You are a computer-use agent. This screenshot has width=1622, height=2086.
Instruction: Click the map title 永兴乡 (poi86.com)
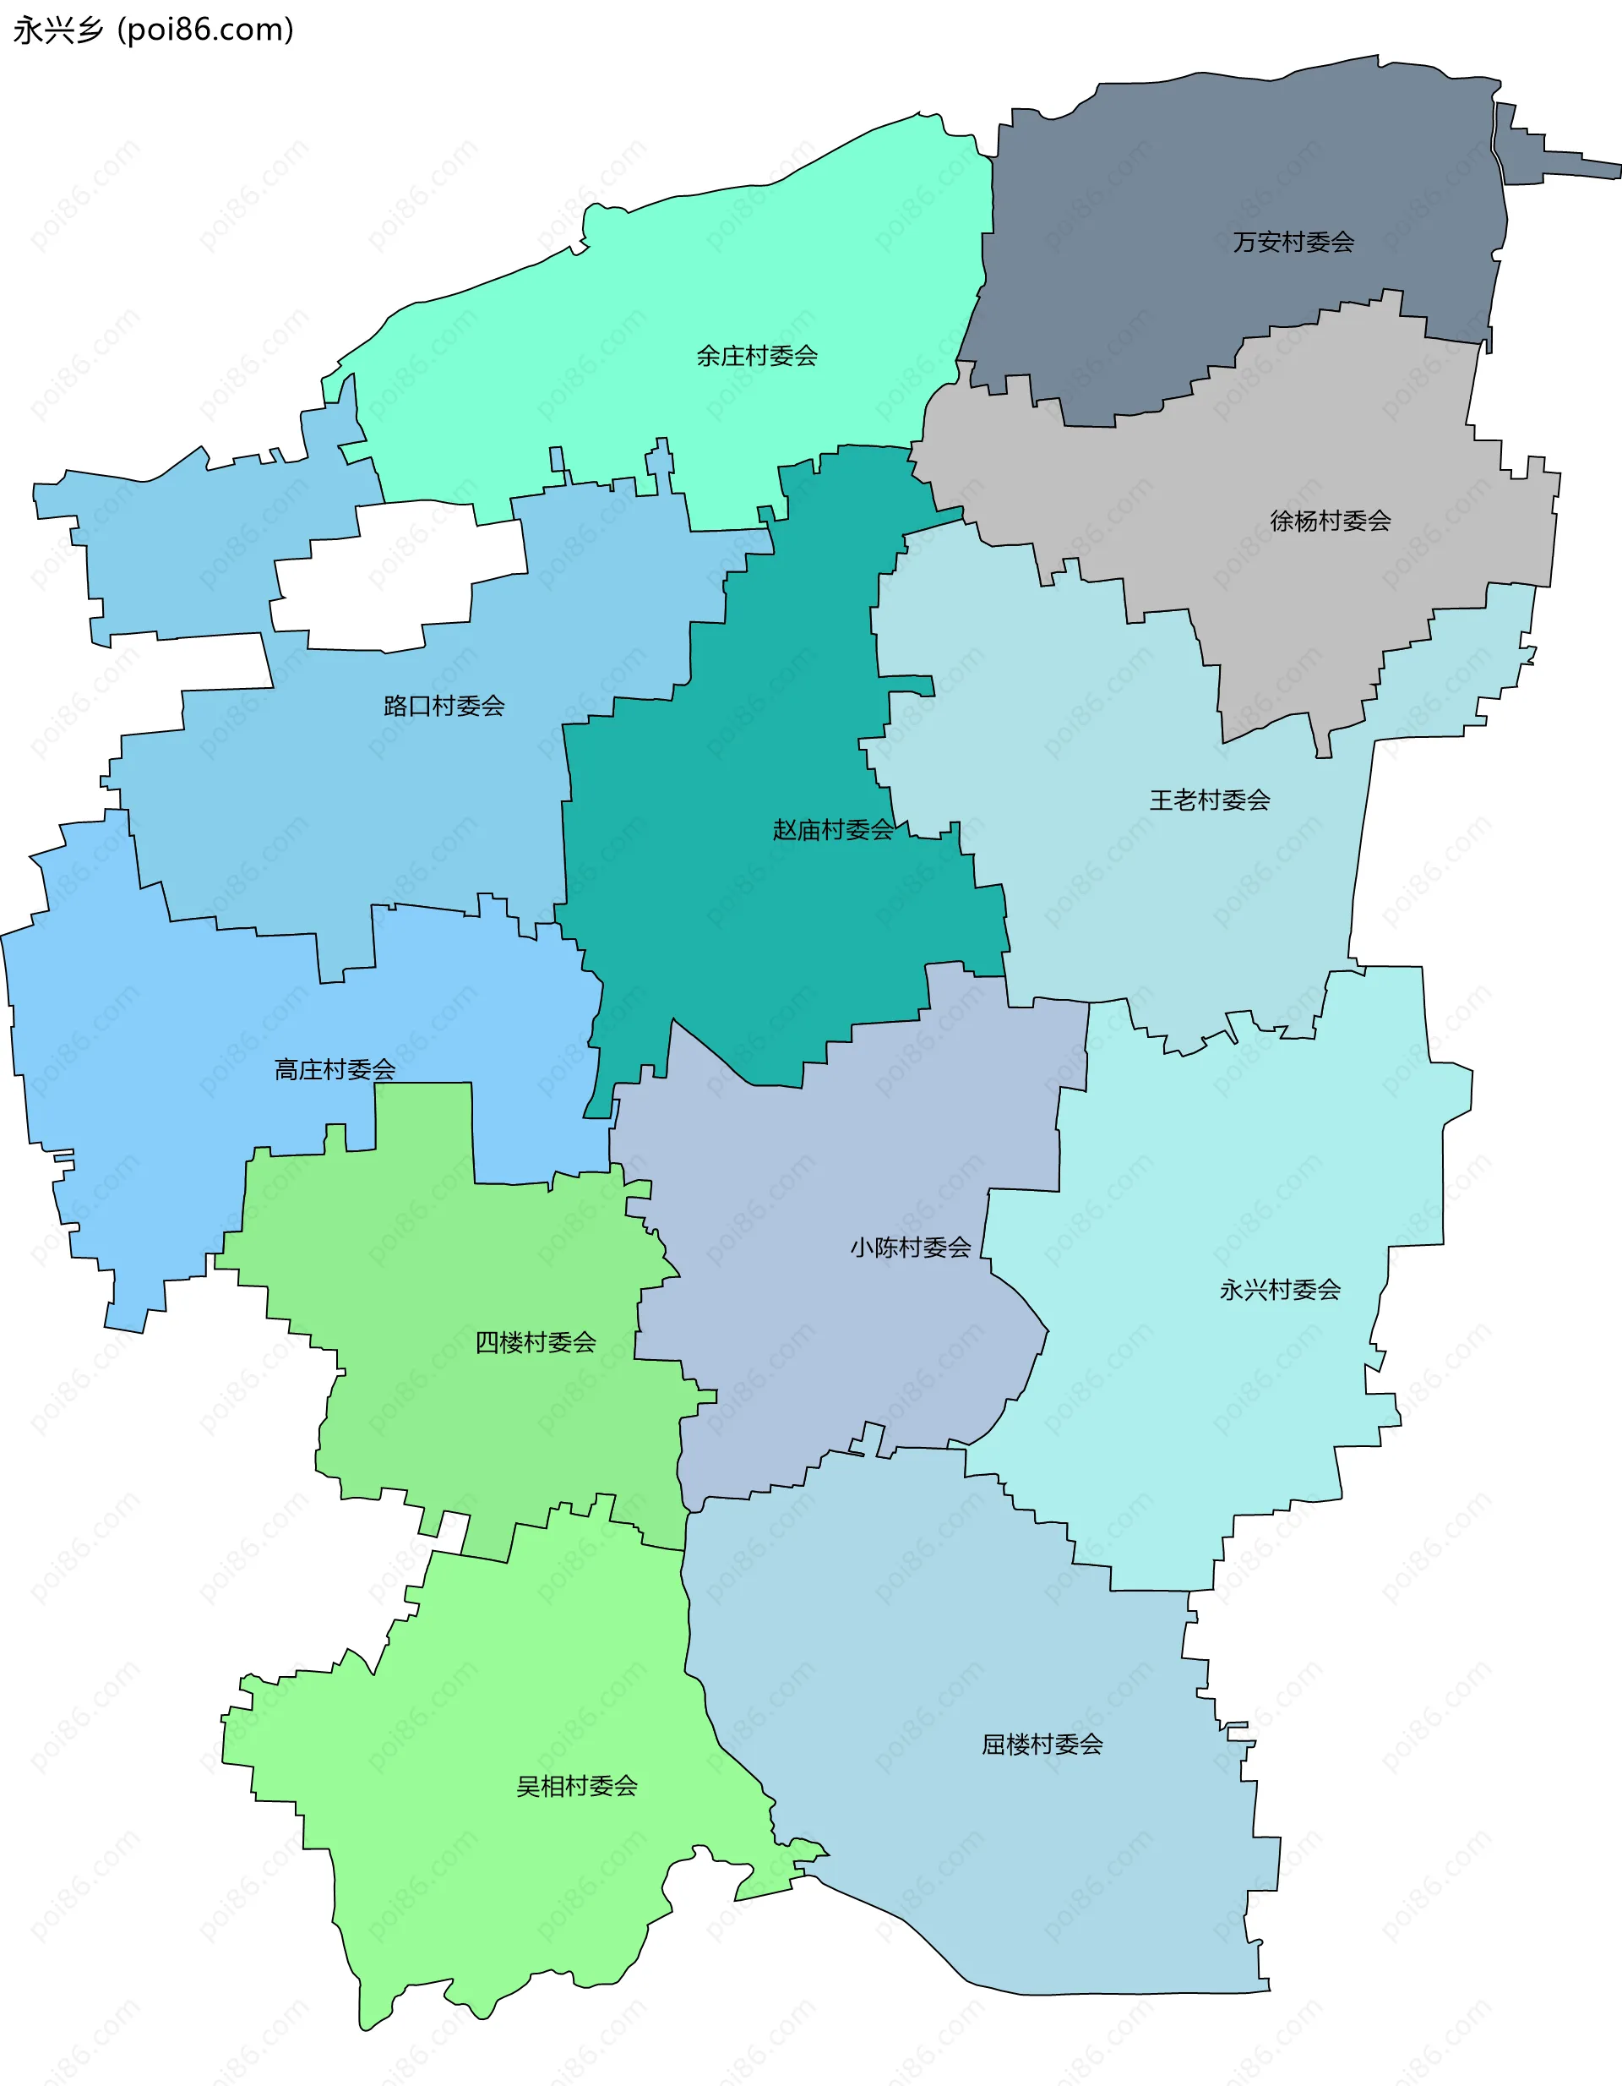click(x=153, y=30)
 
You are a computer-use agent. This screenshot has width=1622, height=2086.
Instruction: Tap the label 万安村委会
click(x=1293, y=243)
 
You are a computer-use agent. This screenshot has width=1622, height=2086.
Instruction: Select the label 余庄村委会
click(x=756, y=357)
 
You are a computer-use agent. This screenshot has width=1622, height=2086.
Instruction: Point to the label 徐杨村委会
click(x=1330, y=521)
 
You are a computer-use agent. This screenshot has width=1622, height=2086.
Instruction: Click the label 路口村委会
click(x=444, y=706)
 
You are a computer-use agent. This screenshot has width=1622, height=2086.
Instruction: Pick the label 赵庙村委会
click(x=832, y=830)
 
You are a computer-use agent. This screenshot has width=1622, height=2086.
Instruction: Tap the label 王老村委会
click(x=1210, y=800)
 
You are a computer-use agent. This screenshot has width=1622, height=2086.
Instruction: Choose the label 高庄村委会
click(x=335, y=1070)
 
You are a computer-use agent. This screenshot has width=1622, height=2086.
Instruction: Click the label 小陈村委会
click(x=910, y=1248)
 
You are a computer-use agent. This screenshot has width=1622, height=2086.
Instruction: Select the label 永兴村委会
click(x=1279, y=1291)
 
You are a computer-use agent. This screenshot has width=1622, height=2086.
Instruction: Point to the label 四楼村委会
click(x=536, y=1343)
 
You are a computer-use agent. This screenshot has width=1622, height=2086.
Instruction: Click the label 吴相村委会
click(x=577, y=1786)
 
